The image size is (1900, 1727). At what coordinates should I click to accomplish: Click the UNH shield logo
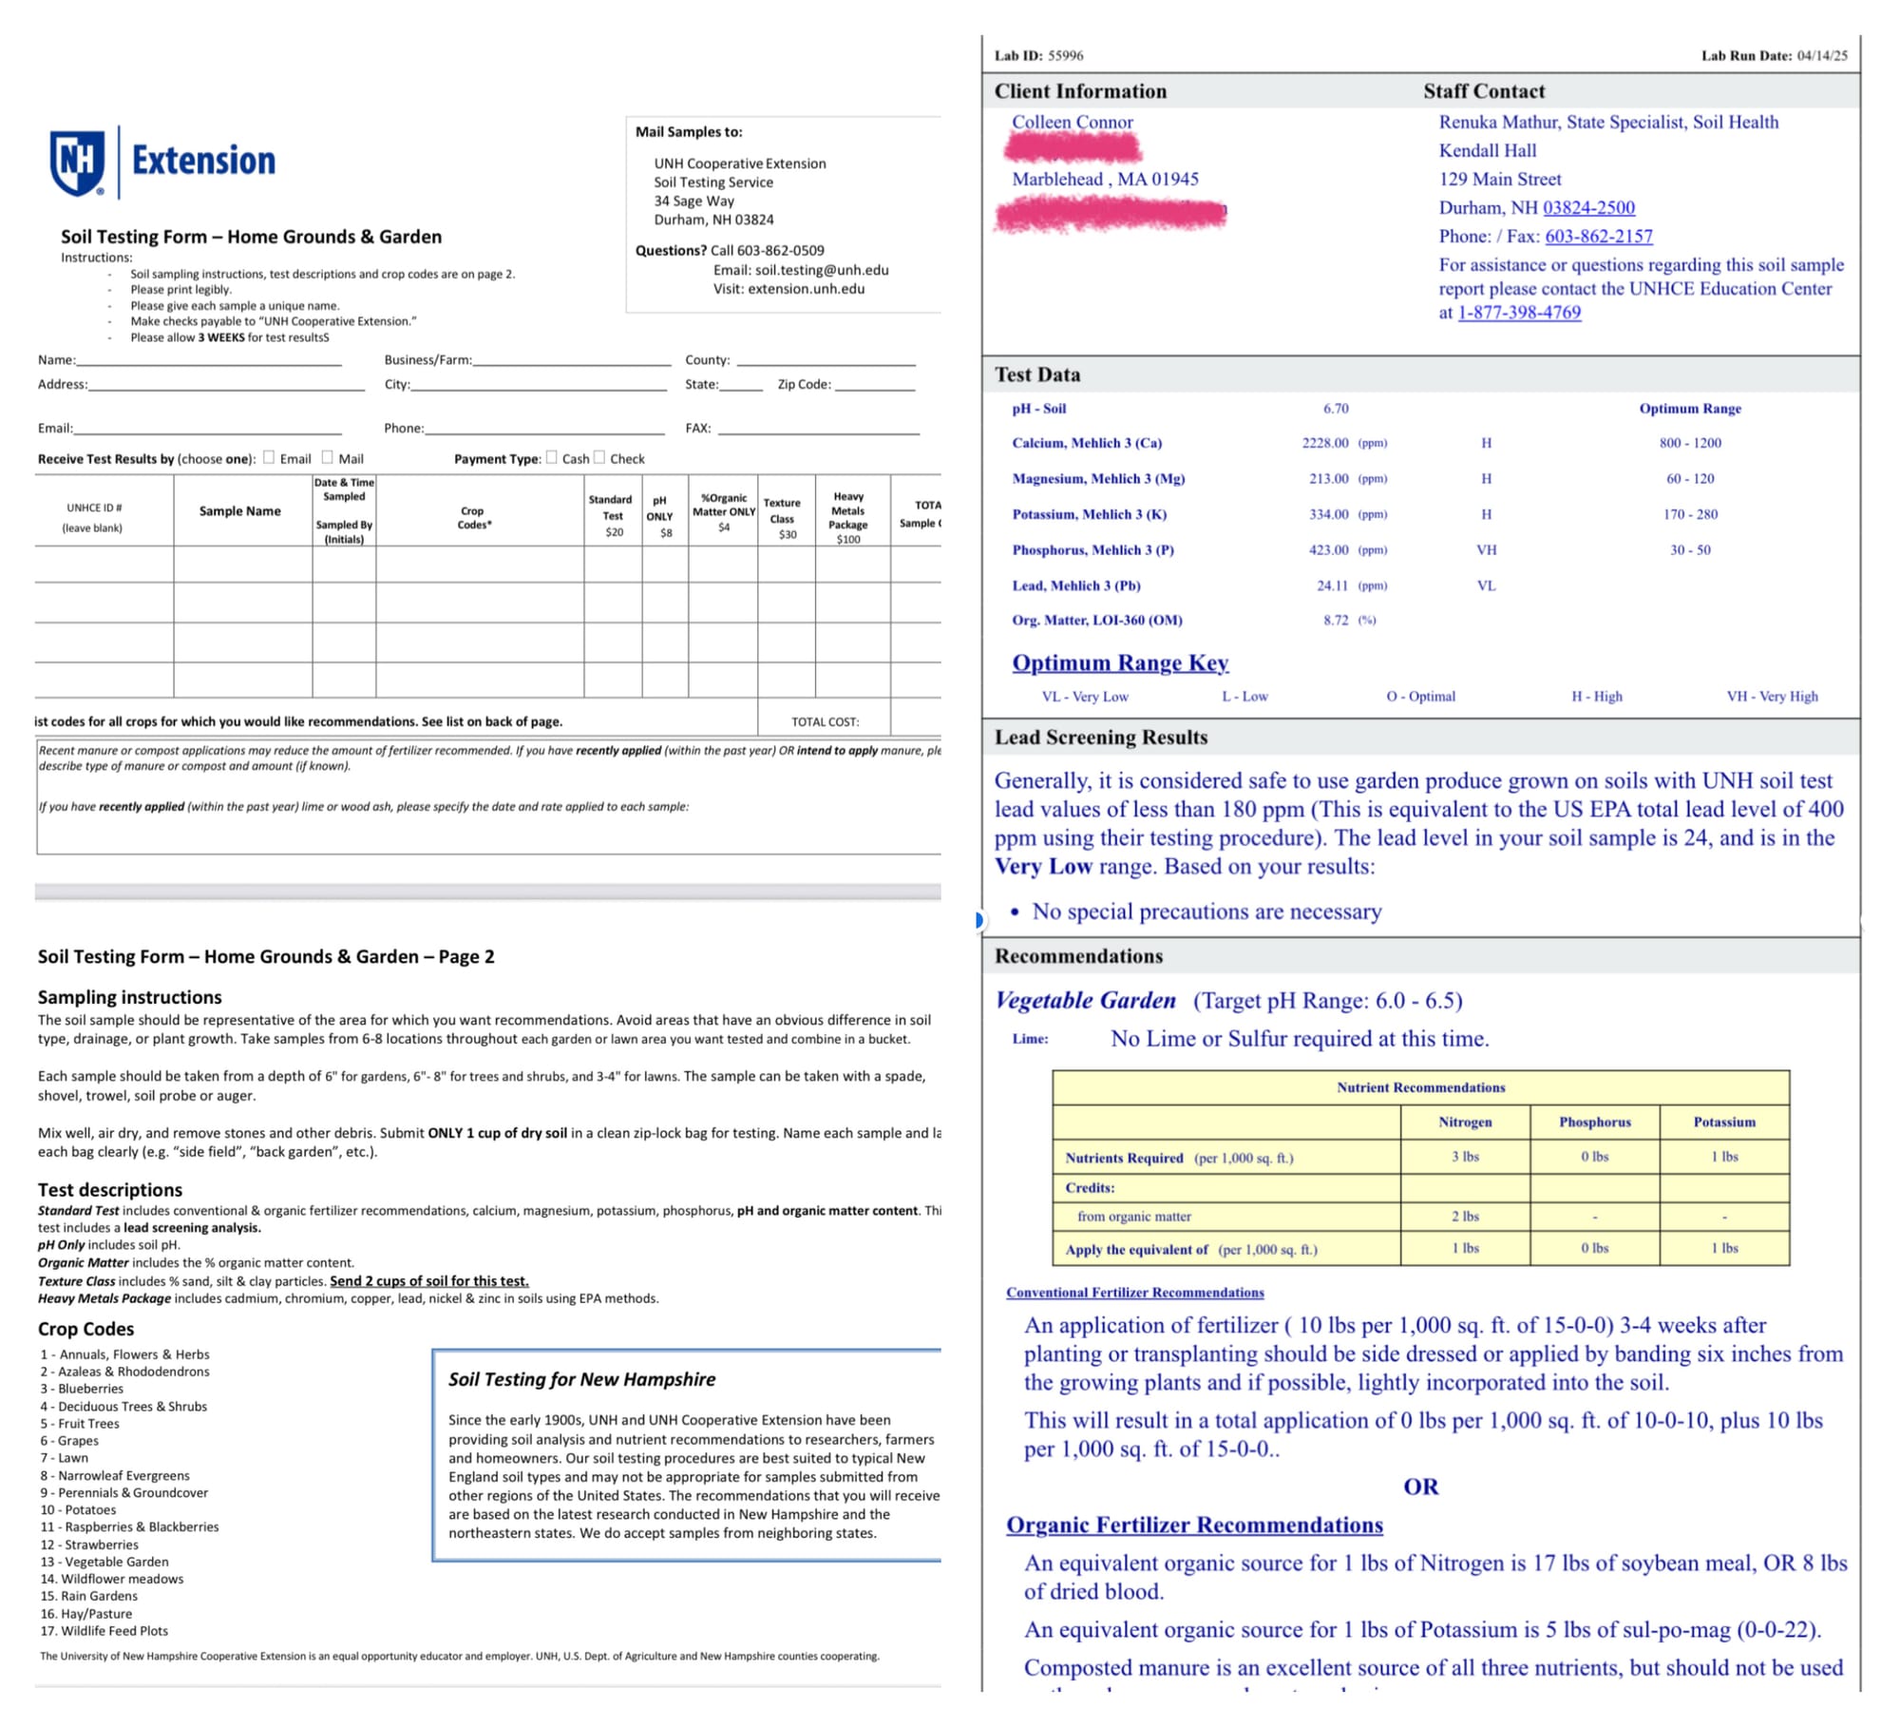pos(77,163)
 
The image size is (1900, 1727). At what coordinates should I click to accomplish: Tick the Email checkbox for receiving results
pos(269,457)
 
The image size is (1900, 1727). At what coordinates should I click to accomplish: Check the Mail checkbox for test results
pos(328,457)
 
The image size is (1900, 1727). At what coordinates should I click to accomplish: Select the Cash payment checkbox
pos(552,457)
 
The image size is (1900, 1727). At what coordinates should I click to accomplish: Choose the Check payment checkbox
pos(599,457)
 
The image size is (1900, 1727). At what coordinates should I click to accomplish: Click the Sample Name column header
pos(239,511)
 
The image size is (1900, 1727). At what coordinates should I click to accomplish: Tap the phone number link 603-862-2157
pos(1598,236)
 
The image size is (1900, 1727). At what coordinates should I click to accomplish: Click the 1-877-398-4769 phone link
pos(1519,313)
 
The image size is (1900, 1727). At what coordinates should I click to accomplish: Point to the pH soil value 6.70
pos(1336,409)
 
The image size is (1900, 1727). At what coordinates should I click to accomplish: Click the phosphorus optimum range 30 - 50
pos(1690,550)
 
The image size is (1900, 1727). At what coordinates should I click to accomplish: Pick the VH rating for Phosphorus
pos(1486,550)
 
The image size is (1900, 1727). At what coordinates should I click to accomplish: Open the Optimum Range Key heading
pos(1120,662)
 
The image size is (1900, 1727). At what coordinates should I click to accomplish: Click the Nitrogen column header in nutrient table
pos(1465,1123)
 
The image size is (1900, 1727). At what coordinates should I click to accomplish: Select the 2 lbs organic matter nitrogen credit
pos(1465,1217)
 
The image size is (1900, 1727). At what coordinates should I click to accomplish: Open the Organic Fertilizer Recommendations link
pos(1194,1525)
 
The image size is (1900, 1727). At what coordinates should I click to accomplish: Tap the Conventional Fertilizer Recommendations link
pos(1135,1293)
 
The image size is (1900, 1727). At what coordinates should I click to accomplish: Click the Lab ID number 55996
pos(1065,56)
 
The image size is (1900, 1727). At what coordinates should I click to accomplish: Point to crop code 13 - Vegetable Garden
pos(104,1562)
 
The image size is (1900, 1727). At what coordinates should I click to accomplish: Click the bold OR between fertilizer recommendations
pos(1420,1487)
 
